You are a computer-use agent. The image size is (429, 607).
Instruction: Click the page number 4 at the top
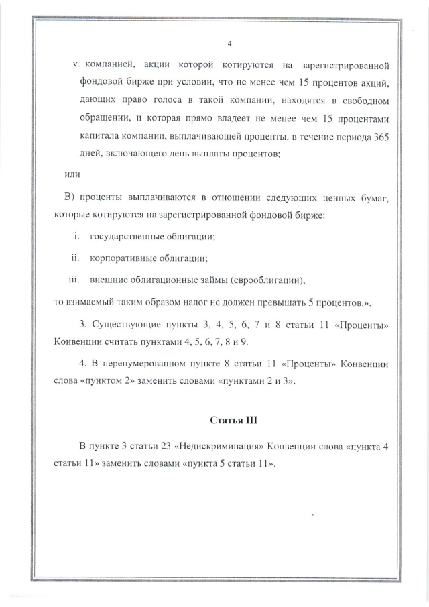pyautogui.click(x=230, y=44)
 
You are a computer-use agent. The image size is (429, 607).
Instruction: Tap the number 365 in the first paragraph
pyautogui.click(x=381, y=137)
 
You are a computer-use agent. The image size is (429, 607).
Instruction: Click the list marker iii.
pyautogui.click(x=74, y=280)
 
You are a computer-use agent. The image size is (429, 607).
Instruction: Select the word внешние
pyautogui.click(x=107, y=280)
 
